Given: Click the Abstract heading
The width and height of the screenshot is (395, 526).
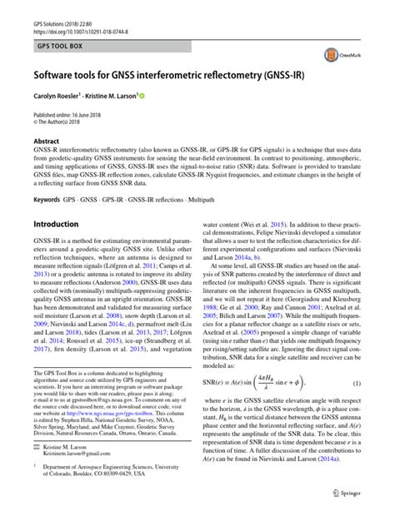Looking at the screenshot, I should click(x=46, y=142).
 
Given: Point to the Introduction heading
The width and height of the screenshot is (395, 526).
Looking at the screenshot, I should click(x=55, y=225).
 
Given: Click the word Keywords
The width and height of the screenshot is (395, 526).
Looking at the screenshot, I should click(x=47, y=201).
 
